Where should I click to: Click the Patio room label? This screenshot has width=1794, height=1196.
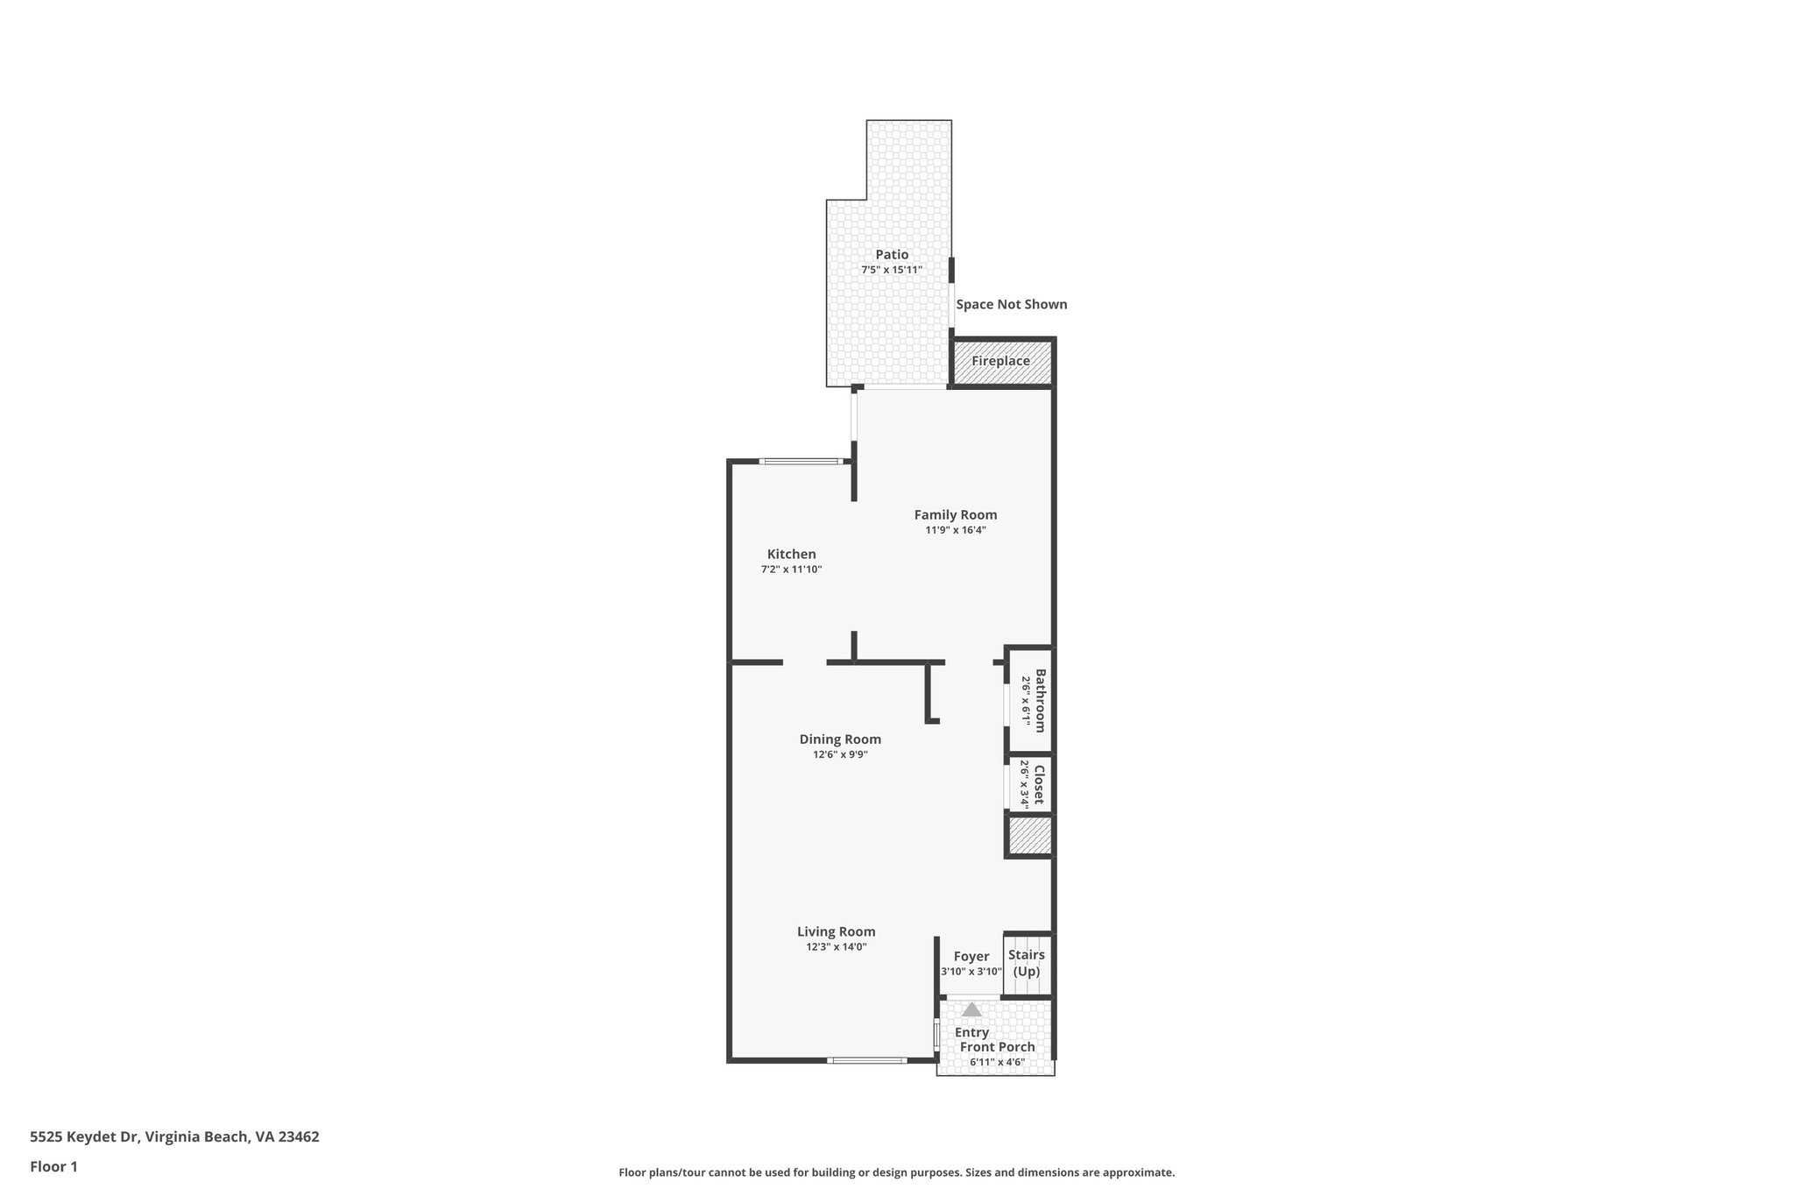(892, 255)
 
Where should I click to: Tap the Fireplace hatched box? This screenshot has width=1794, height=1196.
(1001, 361)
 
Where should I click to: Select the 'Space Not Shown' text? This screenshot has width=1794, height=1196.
(1011, 305)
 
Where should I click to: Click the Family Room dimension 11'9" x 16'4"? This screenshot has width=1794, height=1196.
(956, 530)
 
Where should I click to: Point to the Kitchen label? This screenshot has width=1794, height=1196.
(791, 554)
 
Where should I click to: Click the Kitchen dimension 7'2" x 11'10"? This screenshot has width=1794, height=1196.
(791, 570)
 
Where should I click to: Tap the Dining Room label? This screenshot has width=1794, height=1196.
(840, 740)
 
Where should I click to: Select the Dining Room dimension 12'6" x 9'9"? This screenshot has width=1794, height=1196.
(840, 754)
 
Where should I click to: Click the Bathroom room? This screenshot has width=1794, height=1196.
(1030, 700)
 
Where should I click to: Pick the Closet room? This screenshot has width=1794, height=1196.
(1030, 785)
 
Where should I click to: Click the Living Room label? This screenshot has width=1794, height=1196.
(836, 932)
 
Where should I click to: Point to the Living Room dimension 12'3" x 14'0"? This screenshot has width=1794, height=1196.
(836, 947)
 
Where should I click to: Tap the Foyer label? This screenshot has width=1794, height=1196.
(971, 957)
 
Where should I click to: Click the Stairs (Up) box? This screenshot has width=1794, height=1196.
(1027, 964)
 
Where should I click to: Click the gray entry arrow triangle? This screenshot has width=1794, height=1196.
(971, 1009)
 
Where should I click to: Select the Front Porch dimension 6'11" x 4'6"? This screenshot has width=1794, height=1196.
(997, 1063)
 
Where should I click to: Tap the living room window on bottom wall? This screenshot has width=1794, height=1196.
(866, 1061)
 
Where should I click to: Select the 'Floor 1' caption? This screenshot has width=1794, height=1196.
(53, 1167)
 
